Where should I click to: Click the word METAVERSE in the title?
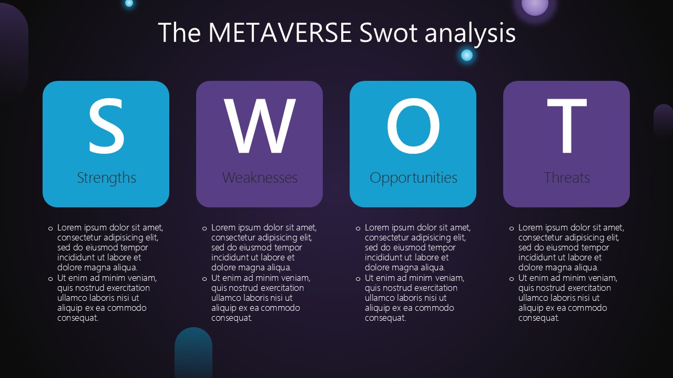click(280, 33)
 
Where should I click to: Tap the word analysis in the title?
click(470, 34)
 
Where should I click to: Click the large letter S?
click(106, 125)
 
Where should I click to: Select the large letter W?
click(260, 125)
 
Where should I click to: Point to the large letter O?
click(413, 125)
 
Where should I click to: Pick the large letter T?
click(567, 125)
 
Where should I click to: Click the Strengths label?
click(106, 177)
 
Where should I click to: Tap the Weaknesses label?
click(260, 177)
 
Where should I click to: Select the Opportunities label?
click(413, 178)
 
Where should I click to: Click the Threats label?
click(567, 177)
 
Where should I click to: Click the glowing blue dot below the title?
click(466, 55)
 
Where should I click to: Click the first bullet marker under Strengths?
click(50, 228)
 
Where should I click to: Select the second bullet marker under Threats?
click(512, 279)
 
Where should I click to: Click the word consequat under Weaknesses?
click(232, 318)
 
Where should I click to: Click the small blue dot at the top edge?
click(129, 3)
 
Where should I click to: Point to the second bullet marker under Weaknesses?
click(205, 279)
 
